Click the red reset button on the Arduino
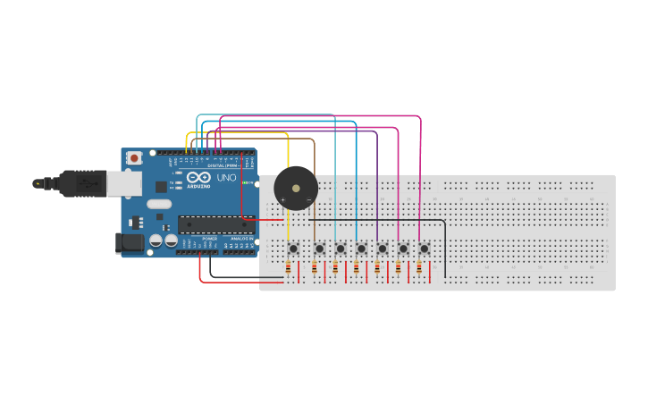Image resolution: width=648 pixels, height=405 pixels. (134, 158)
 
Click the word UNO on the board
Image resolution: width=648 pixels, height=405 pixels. (227, 178)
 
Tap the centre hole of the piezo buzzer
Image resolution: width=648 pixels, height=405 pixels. (295, 189)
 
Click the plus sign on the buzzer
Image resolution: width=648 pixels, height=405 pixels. (282, 199)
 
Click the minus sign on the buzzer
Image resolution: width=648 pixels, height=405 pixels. (308, 199)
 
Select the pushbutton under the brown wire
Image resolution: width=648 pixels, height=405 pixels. (318, 248)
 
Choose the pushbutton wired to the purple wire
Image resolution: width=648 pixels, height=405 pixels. (382, 248)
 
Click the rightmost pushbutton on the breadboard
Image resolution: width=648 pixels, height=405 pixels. (424, 248)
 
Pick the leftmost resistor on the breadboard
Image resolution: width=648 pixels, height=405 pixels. (288, 267)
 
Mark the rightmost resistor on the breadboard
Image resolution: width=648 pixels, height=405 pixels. (418, 267)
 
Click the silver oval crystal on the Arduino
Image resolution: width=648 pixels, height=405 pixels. (159, 204)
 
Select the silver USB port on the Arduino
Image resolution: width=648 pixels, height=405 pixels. (123, 183)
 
